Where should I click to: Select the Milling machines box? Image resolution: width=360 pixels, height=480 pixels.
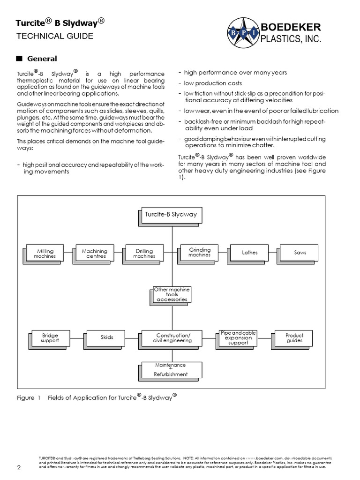[46, 253]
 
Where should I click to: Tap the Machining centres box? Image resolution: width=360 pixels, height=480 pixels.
[94, 253]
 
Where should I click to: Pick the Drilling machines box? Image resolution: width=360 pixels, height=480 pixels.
[144, 253]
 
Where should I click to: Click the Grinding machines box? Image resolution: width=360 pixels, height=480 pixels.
[200, 252]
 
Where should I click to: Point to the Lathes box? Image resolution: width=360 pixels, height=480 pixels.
[250, 252]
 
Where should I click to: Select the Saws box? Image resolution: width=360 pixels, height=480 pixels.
[300, 252]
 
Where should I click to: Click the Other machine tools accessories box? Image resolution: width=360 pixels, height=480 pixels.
[172, 294]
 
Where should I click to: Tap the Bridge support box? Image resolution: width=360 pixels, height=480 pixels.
[50, 338]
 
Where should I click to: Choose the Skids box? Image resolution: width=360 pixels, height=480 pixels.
[107, 337]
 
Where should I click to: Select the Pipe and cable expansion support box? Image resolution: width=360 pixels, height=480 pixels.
[238, 337]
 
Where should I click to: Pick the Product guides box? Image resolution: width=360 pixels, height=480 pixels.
[294, 337]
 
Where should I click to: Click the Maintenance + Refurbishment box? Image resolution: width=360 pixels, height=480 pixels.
[171, 369]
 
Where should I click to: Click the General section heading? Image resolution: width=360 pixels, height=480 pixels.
[42, 59]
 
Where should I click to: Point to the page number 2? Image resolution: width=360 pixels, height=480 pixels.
[19, 468]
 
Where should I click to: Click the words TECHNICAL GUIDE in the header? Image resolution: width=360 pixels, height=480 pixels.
[55, 36]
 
